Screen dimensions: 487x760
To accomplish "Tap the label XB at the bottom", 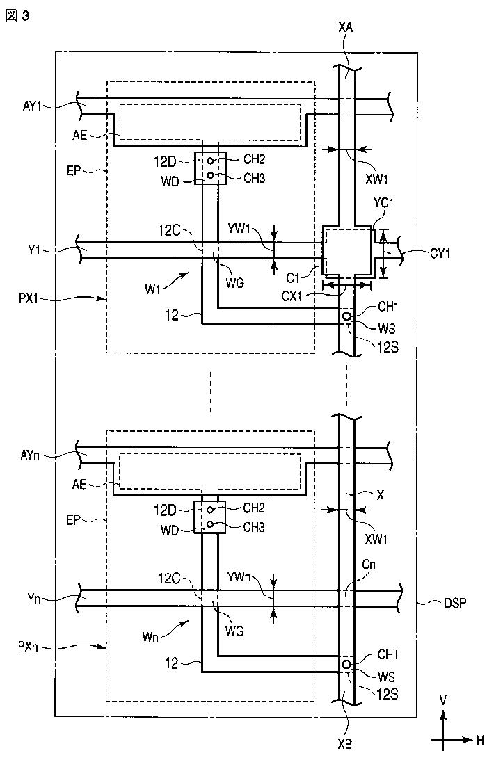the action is click(x=345, y=743).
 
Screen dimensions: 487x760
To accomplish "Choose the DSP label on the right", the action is click(x=456, y=603).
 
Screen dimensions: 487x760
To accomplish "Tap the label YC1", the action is click(x=383, y=204).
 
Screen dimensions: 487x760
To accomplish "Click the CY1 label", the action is click(x=440, y=252).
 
